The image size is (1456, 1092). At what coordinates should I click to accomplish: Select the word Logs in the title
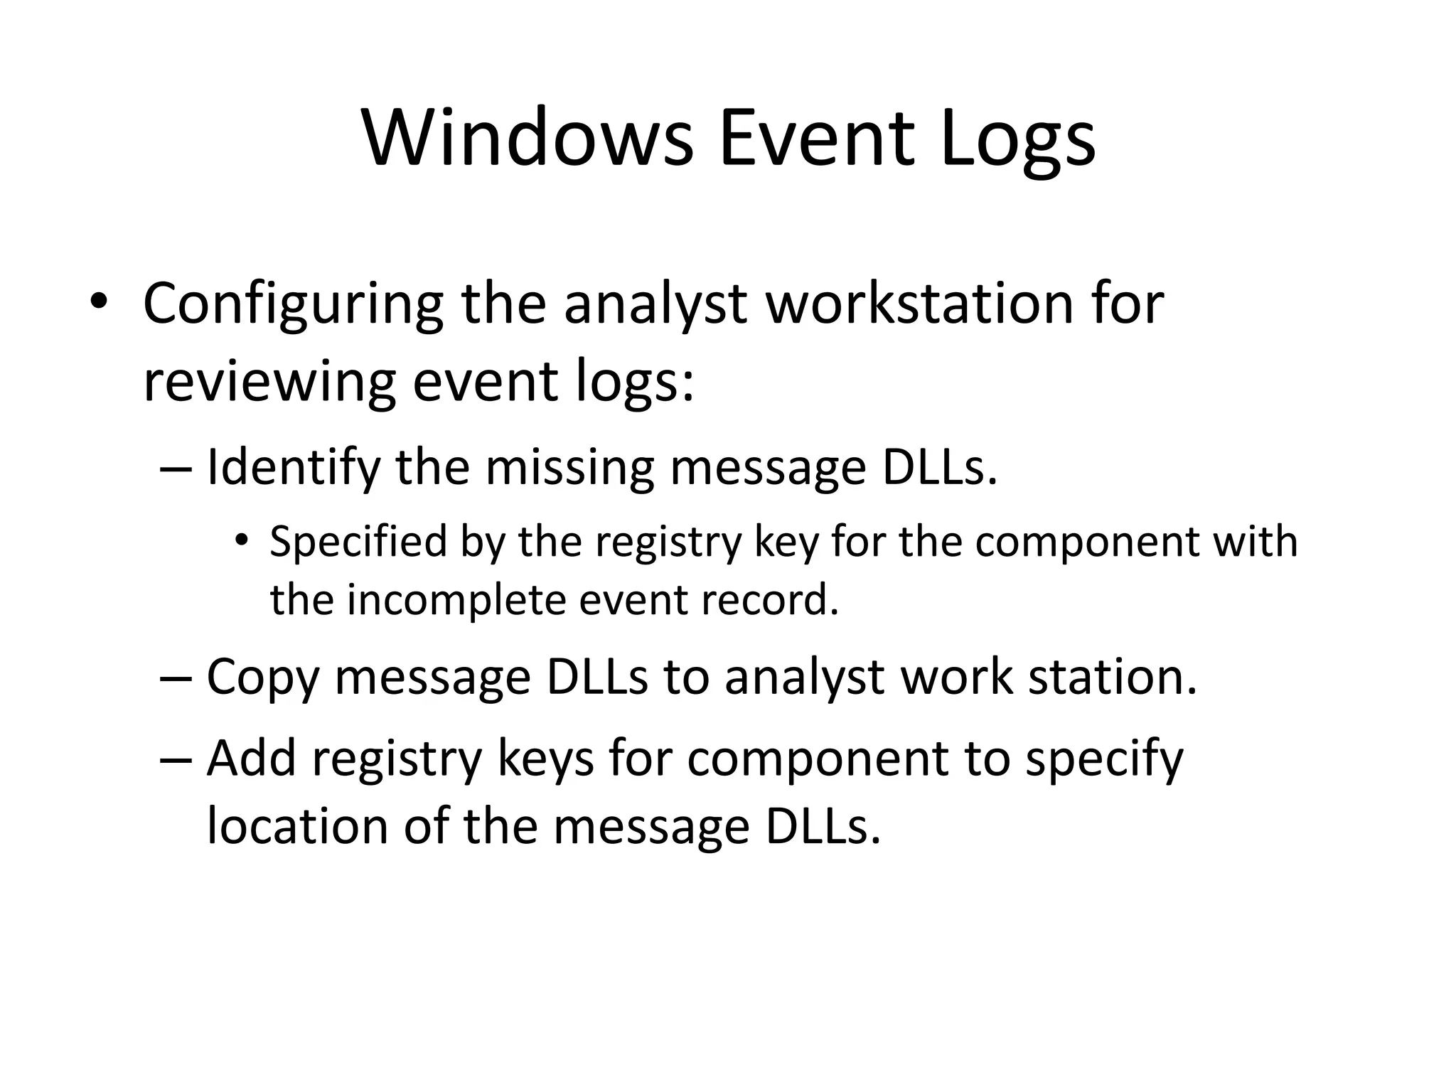click(1017, 142)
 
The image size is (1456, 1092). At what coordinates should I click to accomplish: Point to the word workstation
click(918, 304)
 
